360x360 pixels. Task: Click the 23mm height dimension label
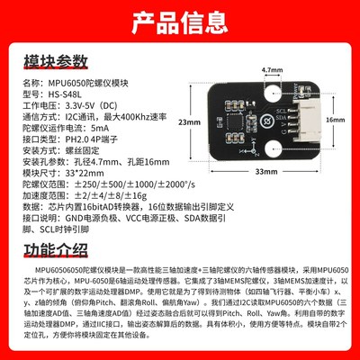click(x=187, y=121)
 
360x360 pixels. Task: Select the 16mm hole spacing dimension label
click(x=335, y=118)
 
